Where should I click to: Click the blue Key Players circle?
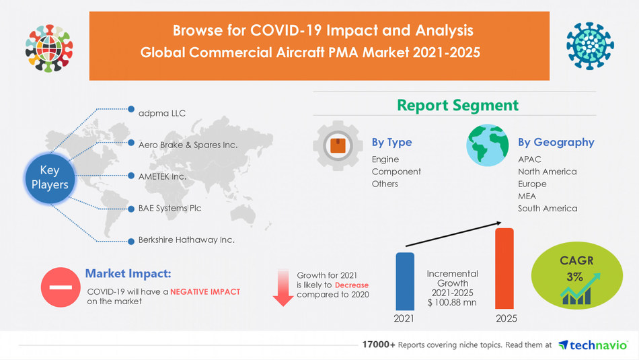click(x=50, y=177)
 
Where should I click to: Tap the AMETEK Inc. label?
click(x=161, y=176)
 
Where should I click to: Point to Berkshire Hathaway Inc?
click(x=186, y=240)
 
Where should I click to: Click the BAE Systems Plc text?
click(x=170, y=208)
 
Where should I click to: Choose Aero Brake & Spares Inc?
click(x=188, y=144)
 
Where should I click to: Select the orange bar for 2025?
click(x=504, y=268)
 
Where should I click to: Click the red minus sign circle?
click(x=60, y=287)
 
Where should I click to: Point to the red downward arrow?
click(x=283, y=287)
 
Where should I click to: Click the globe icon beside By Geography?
click(x=488, y=145)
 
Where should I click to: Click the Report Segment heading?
click(x=457, y=105)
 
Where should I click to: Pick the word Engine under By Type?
click(x=385, y=159)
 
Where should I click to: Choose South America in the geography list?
click(x=547, y=209)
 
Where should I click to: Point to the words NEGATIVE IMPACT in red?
click(x=204, y=291)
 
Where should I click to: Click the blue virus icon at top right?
click(x=589, y=46)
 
